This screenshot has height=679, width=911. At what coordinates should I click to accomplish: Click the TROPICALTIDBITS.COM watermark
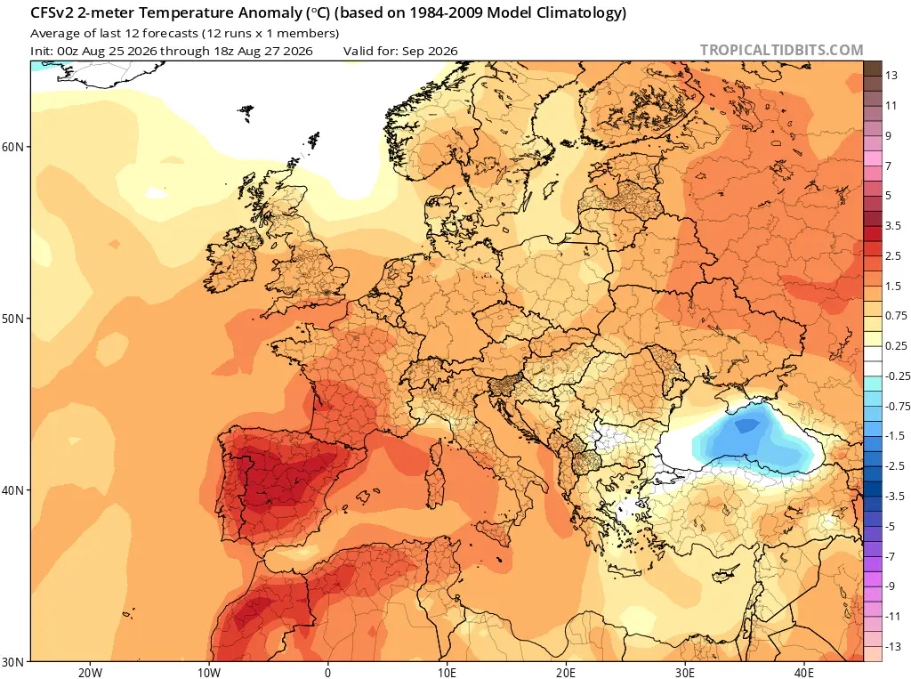tap(781, 50)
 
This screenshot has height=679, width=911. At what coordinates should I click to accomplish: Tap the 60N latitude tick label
tap(12, 147)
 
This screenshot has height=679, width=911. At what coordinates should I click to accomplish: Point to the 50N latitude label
tap(12, 319)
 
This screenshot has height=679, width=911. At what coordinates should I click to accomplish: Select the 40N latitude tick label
tap(12, 490)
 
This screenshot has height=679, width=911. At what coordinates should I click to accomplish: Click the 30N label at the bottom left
tap(12, 662)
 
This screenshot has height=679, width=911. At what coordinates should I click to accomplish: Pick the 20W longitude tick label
tap(90, 673)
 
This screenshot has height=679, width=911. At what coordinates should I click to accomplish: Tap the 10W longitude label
tap(209, 673)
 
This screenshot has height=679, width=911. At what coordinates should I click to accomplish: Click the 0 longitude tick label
tap(327, 673)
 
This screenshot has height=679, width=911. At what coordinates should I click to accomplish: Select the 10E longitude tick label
tap(447, 673)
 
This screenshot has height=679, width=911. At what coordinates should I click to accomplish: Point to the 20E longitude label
tap(566, 673)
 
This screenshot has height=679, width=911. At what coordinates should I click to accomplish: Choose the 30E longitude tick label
tap(685, 673)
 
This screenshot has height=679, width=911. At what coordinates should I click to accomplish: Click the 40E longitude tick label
tap(804, 673)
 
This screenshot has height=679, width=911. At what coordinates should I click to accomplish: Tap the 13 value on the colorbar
tap(891, 76)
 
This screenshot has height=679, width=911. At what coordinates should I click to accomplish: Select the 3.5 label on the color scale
tap(893, 225)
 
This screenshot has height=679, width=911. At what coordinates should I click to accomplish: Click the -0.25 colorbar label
tap(898, 376)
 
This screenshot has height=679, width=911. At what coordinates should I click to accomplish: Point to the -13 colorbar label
tap(893, 646)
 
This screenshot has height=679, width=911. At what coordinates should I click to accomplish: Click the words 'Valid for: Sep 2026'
tap(400, 51)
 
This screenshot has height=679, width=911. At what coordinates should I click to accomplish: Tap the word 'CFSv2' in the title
tap(52, 12)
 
